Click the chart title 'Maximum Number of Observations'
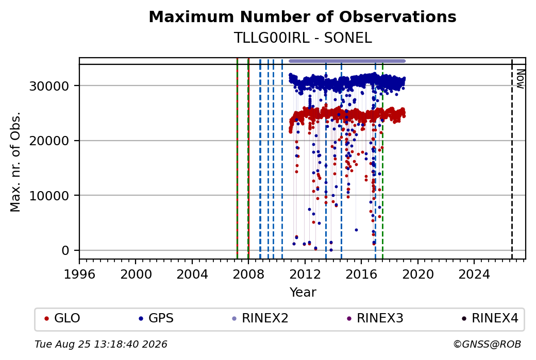pyautogui.click(x=303, y=16)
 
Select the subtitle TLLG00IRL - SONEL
pyautogui.click(x=303, y=38)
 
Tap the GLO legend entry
pyautogui.click(x=62, y=318)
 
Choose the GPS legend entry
pyautogui.click(x=156, y=318)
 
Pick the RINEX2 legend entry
pyautogui.click(x=260, y=318)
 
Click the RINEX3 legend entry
pyautogui.click(x=375, y=318)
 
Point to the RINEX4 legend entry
pyautogui.click(x=490, y=318)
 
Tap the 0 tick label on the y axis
pyautogui.click(x=65, y=251)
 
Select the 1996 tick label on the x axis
pyautogui.click(x=79, y=274)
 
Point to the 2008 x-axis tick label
pyautogui.click(x=248, y=274)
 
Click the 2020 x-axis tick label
pyautogui.click(x=418, y=274)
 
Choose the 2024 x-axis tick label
pyautogui.click(x=474, y=274)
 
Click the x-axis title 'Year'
pyautogui.click(x=303, y=293)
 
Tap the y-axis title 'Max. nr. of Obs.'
pyautogui.click(x=15, y=162)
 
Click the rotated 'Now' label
pyautogui.click(x=520, y=79)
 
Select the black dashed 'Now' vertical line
pyautogui.click(x=512, y=159)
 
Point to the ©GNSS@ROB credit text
pyautogui.click(x=487, y=344)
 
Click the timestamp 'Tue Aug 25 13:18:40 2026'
pyautogui.click(x=101, y=344)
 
